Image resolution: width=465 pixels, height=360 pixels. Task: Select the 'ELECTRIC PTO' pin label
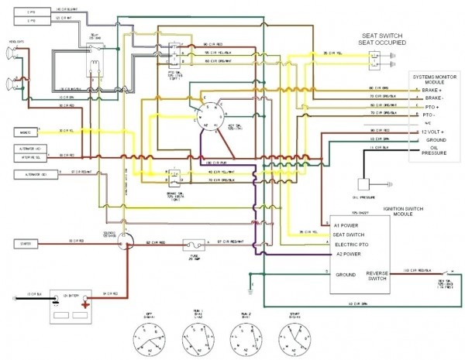(x=353, y=244)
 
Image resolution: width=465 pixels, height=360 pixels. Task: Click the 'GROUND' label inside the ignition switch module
(x=346, y=274)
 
